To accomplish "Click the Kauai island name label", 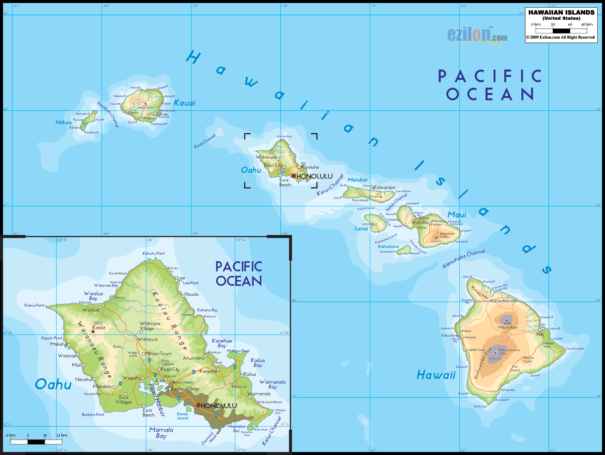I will coord(185,103).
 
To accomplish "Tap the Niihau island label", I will coord(64,123).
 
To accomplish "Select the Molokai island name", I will coord(357,180).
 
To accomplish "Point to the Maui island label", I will coord(457,215).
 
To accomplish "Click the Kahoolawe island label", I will coord(388,247).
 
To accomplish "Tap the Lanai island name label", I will coord(361,229).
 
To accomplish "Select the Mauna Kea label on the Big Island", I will coord(507,327).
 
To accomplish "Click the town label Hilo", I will coord(540,334).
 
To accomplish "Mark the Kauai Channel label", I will coord(205,141).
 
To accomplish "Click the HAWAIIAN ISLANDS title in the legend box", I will coord(561,12).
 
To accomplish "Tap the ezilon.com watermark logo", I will coord(477,35).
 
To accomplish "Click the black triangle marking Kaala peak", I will coord(93,331).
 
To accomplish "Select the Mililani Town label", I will coord(159,354).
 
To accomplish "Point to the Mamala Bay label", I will coord(161,433).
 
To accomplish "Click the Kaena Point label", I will coord(34,305).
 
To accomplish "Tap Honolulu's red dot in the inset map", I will coord(198,405).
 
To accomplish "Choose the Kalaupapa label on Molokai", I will coord(384,187).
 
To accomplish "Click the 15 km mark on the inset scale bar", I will coord(62,435).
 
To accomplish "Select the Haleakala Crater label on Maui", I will coord(447,235).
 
